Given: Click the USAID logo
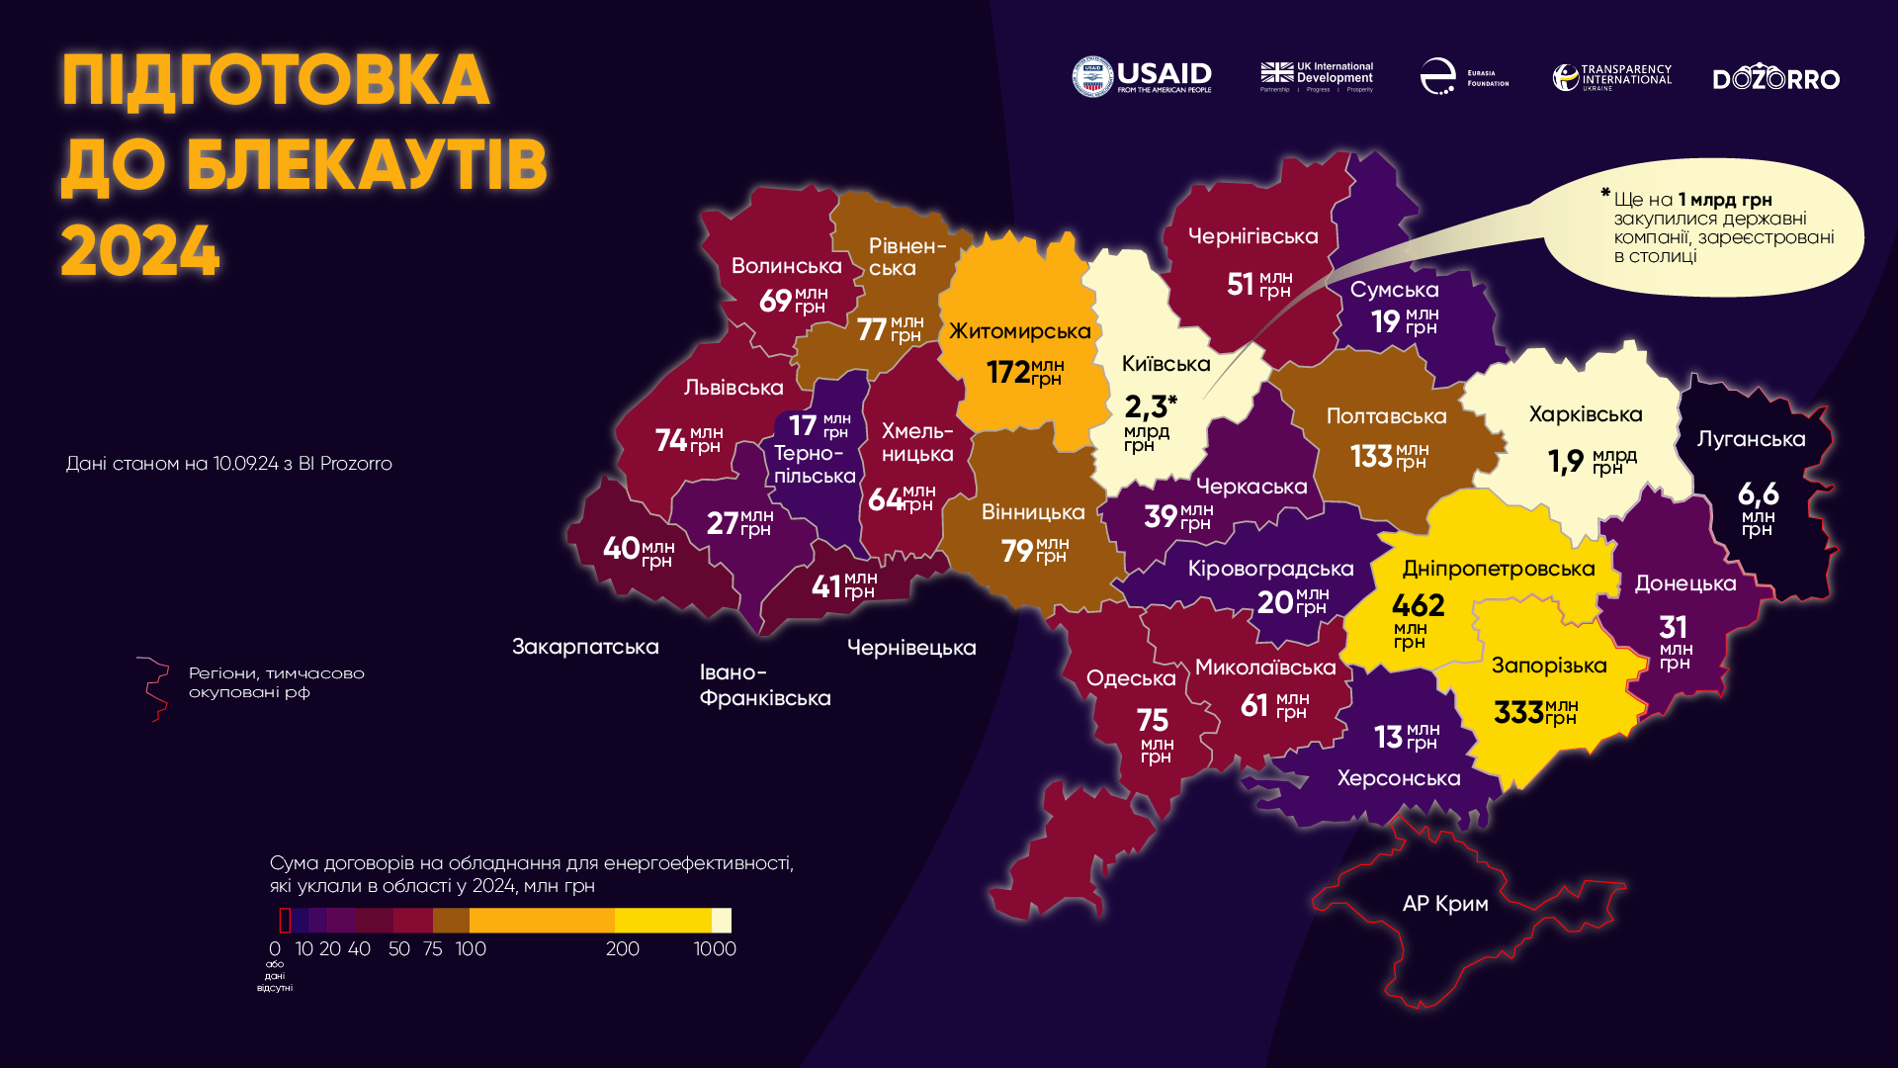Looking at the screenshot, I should point(1142,76).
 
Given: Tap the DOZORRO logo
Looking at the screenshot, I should point(1775,79).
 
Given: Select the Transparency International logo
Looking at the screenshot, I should point(1611,77).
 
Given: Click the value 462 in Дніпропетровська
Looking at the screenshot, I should point(1418,605).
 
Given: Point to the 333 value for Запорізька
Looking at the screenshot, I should point(1518,712).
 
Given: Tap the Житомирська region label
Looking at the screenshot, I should point(1019,331).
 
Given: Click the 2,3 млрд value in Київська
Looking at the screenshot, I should point(1147,406).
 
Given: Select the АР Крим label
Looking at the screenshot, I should point(1444,904).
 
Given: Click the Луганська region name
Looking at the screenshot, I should point(1751,439).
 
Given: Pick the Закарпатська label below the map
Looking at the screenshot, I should point(585,647).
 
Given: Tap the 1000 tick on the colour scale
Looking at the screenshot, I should point(715,949).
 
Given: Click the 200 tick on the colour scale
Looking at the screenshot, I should point(622,949).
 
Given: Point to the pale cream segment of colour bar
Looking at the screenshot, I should point(722,921).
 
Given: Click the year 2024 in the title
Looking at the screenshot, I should point(139,251).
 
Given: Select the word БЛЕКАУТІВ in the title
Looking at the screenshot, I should point(366,165).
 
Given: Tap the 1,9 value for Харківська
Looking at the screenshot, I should point(1566,462).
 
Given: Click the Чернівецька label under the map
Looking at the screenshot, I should point(911,648).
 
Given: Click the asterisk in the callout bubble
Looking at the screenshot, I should point(1605,194).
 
